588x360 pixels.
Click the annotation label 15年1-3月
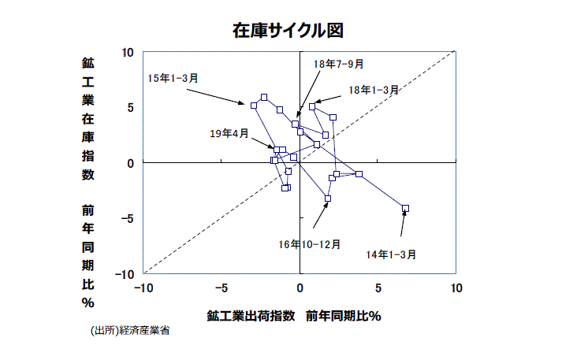[173, 78]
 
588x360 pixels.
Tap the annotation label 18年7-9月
[339, 64]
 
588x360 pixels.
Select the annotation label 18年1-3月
[374, 90]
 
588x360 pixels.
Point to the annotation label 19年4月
[229, 134]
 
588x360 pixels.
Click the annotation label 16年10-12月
[310, 244]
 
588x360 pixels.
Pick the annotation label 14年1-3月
[392, 254]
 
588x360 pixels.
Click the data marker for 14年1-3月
[405, 208]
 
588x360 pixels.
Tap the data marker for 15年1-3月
[254, 105]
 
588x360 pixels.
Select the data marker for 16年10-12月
[328, 199]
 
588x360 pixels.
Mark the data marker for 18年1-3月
[312, 106]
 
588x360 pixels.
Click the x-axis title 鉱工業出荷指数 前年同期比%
[294, 316]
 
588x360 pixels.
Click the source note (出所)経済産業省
[129, 331]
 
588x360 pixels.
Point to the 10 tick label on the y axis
[128, 52]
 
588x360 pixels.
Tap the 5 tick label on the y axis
[131, 108]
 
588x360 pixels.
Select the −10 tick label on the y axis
[126, 274]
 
